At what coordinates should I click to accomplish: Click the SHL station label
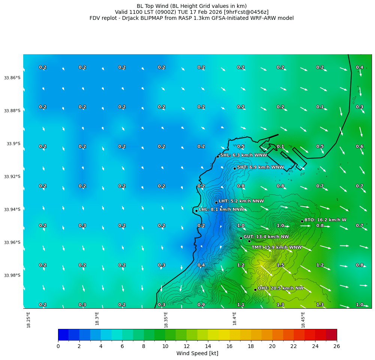pos(244,155)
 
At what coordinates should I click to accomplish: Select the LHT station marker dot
pos(216,202)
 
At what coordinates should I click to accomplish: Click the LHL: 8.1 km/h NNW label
pos(221,210)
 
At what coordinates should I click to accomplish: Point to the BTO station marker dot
pos(302,221)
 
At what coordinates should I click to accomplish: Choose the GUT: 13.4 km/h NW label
pos(266,237)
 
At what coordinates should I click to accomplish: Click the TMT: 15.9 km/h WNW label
pos(276,247)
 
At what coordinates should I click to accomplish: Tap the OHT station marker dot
pos(255,290)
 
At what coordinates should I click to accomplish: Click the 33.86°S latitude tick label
pos(12,78)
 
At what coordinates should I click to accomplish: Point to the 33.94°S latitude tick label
pos(12,210)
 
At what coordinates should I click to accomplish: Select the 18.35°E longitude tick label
pos(166,320)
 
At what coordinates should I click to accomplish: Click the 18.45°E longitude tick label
pos(303,320)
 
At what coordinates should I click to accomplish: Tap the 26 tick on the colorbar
pos(337,347)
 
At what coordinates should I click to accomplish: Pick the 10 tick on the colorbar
pos(165,347)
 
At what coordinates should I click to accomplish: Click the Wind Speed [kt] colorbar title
pos(197,353)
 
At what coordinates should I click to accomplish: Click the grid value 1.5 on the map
pos(280,265)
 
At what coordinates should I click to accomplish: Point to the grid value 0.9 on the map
pos(201,305)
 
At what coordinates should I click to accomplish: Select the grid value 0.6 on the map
pos(360,147)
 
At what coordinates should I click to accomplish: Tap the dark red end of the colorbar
pos(332,335)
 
